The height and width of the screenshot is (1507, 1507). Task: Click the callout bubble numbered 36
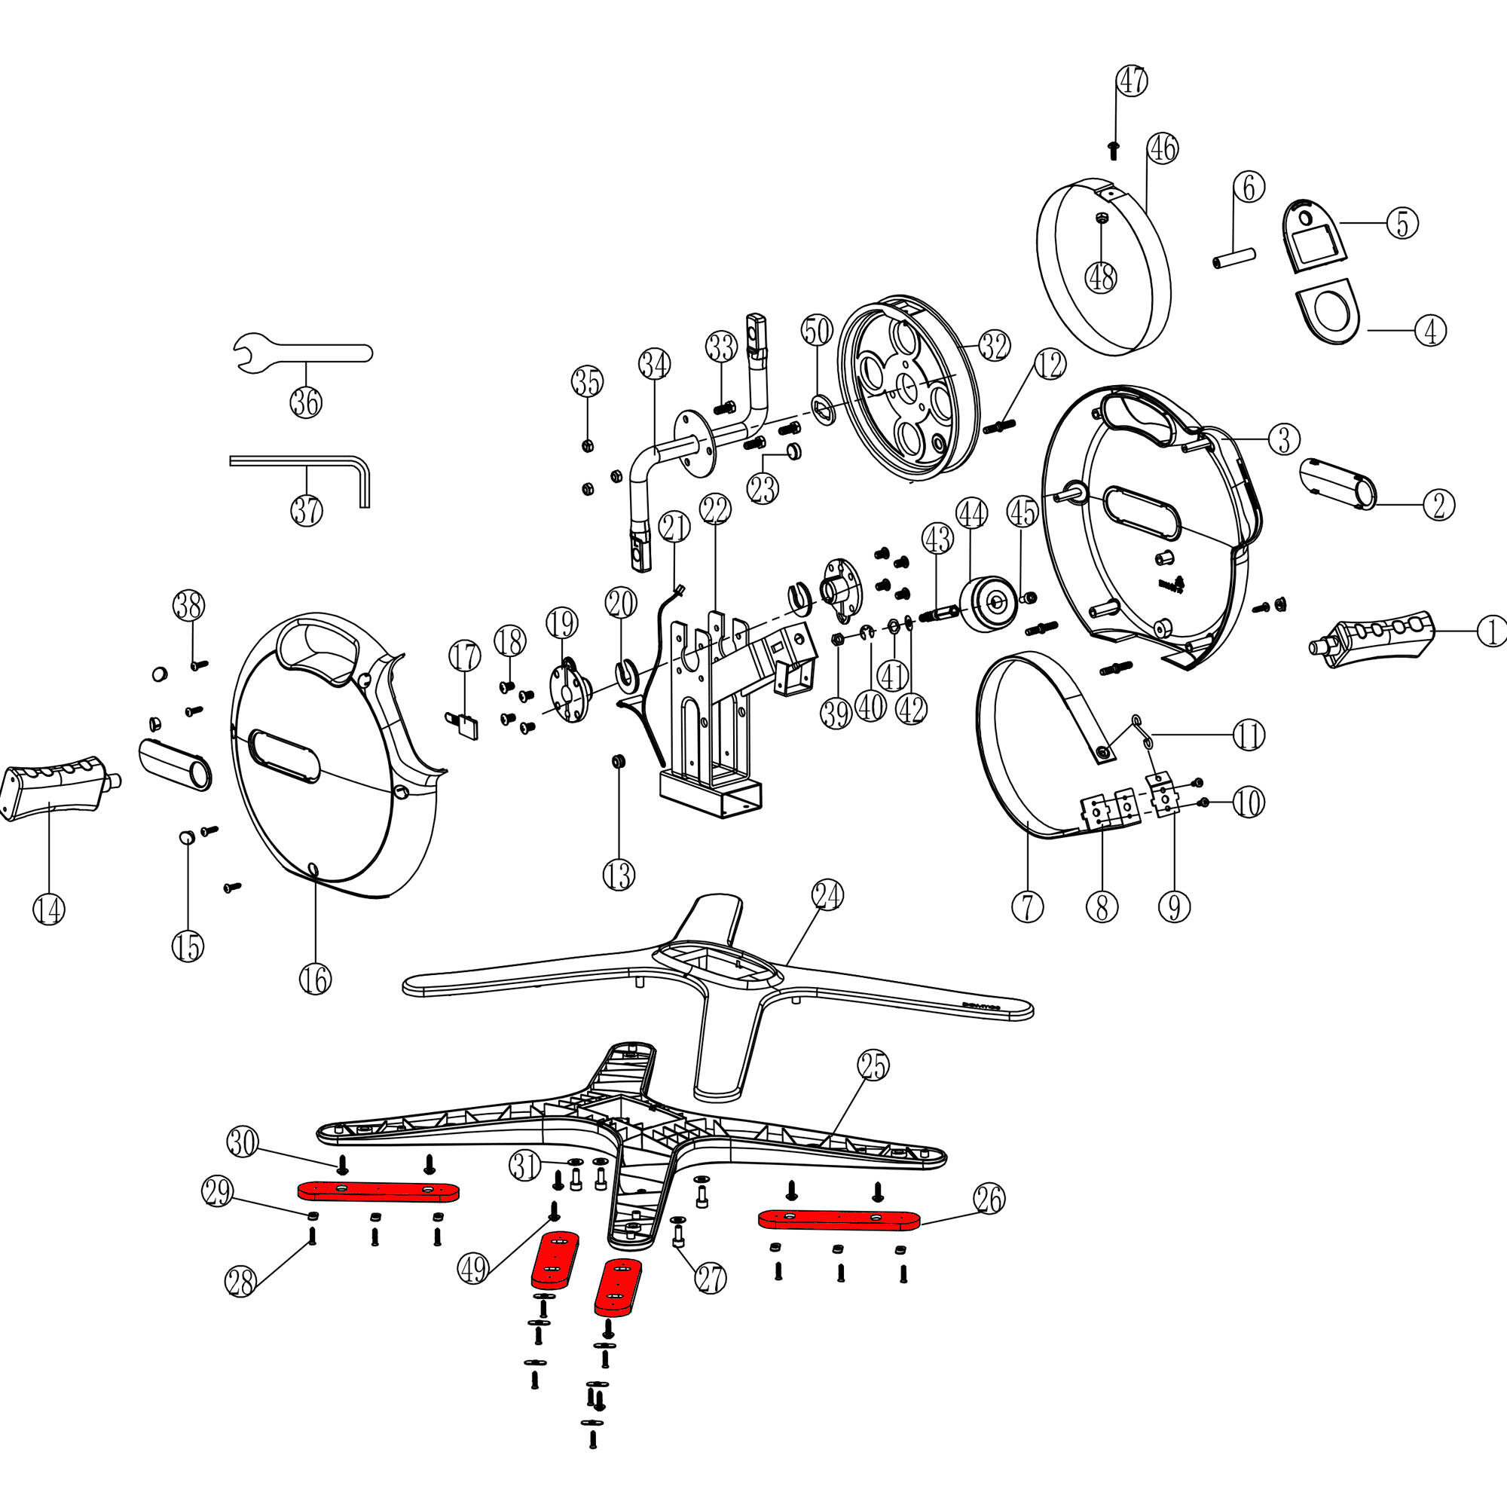coord(306,402)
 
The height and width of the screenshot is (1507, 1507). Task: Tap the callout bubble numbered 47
coord(1132,81)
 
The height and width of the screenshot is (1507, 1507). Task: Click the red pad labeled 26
coord(839,1218)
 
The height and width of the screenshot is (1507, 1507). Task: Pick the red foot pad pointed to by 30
coord(379,1191)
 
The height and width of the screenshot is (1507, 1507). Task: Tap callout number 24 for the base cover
coord(827,894)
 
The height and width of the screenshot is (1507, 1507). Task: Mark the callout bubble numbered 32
coord(995,346)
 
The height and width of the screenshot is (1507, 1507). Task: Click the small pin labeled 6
coord(1235,258)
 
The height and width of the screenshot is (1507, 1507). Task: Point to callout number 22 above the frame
coord(715,509)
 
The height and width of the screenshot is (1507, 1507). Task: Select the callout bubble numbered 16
coord(315,979)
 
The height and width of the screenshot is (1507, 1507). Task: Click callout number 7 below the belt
coord(1027,906)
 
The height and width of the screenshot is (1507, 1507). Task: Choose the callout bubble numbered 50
coord(817,331)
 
